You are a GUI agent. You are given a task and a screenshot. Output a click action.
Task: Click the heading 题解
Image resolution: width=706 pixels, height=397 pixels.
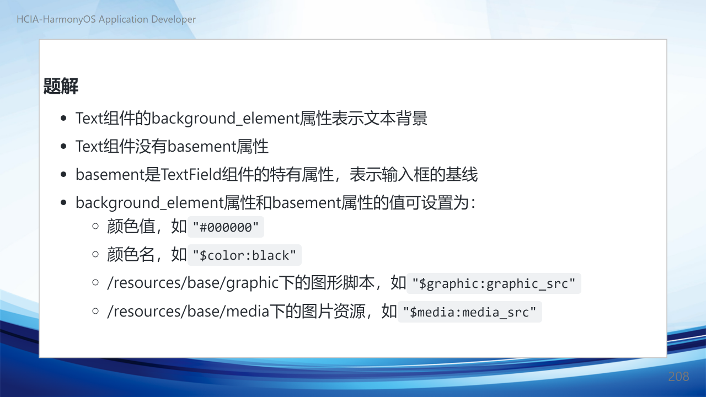coord(61,86)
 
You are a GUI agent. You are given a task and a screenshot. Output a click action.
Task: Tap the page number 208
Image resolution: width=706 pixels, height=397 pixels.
coord(678,377)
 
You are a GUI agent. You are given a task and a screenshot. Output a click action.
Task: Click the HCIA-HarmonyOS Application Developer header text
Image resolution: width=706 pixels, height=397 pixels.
coord(106,19)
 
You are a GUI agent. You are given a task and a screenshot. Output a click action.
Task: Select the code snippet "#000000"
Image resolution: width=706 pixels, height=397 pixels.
coord(226,227)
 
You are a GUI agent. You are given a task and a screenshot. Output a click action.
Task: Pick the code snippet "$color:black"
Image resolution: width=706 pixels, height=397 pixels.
coord(244,255)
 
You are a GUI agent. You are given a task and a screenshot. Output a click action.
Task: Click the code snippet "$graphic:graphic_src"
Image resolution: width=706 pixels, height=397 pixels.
coord(494,283)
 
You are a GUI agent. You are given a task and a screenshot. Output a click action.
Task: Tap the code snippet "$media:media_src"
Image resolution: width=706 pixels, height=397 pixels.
coord(469,312)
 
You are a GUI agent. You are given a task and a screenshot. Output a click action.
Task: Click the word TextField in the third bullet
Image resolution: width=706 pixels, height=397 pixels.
coord(191,174)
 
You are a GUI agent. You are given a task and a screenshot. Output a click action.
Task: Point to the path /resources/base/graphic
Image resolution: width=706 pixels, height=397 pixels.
coord(193,283)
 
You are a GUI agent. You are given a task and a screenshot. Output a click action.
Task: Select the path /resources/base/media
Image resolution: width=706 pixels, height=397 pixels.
coord(188,312)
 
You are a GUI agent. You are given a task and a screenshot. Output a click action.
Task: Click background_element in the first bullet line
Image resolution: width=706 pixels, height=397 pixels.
coord(226,119)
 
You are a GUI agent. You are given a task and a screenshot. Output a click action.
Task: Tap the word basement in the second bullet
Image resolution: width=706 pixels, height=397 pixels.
coord(202,147)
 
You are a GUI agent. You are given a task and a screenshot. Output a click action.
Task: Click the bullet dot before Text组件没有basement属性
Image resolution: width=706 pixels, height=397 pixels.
coord(63,147)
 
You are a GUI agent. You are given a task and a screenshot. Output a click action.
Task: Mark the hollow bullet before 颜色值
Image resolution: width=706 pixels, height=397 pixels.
coord(95,226)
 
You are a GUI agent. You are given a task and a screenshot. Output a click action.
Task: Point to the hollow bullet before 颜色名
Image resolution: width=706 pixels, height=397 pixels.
coord(95,254)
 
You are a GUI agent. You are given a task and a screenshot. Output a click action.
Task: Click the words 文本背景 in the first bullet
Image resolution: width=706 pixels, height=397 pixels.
coord(395,119)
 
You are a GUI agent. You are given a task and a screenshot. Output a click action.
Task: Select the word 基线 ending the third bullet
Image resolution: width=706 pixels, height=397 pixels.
coord(462,174)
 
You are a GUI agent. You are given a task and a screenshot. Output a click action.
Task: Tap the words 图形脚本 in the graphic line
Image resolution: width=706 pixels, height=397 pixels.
coord(343,283)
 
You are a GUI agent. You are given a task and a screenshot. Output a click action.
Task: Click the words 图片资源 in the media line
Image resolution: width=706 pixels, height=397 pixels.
coord(334,312)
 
